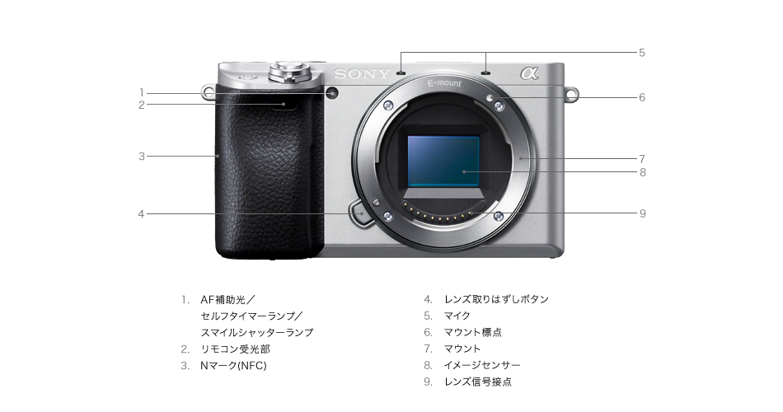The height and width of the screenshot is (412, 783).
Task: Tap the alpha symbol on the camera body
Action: click(x=528, y=73)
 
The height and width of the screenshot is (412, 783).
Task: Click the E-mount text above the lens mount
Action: click(x=444, y=84)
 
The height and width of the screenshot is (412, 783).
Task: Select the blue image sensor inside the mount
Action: click(x=443, y=160)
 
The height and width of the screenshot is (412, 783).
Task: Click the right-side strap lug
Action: click(x=570, y=94)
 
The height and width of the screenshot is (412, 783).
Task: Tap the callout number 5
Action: click(x=642, y=53)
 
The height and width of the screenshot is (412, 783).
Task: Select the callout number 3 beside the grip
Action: click(x=142, y=156)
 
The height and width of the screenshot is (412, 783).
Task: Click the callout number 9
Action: click(x=642, y=213)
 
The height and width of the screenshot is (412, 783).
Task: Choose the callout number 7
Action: click(x=642, y=157)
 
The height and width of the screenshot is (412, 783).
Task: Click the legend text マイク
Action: click(x=457, y=316)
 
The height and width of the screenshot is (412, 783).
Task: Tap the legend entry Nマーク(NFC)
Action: click(x=234, y=365)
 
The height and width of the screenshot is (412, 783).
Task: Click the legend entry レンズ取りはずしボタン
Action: click(x=496, y=299)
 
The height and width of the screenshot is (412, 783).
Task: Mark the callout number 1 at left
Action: click(x=142, y=92)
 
